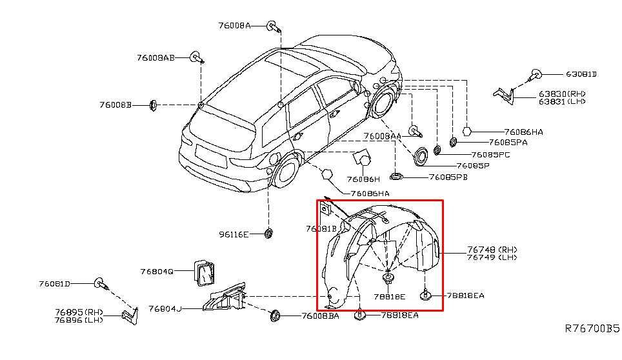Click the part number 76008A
click(x=234, y=26)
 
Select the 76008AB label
click(x=155, y=58)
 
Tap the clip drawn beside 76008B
click(x=154, y=104)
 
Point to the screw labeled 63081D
click(x=535, y=74)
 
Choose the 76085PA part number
click(x=508, y=142)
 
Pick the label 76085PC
click(x=490, y=155)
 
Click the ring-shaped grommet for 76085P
click(x=422, y=156)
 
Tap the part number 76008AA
click(x=383, y=136)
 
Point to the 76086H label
click(x=363, y=179)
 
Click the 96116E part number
click(x=233, y=234)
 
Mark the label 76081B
click(x=321, y=228)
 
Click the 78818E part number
click(x=389, y=297)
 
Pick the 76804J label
click(x=165, y=308)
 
